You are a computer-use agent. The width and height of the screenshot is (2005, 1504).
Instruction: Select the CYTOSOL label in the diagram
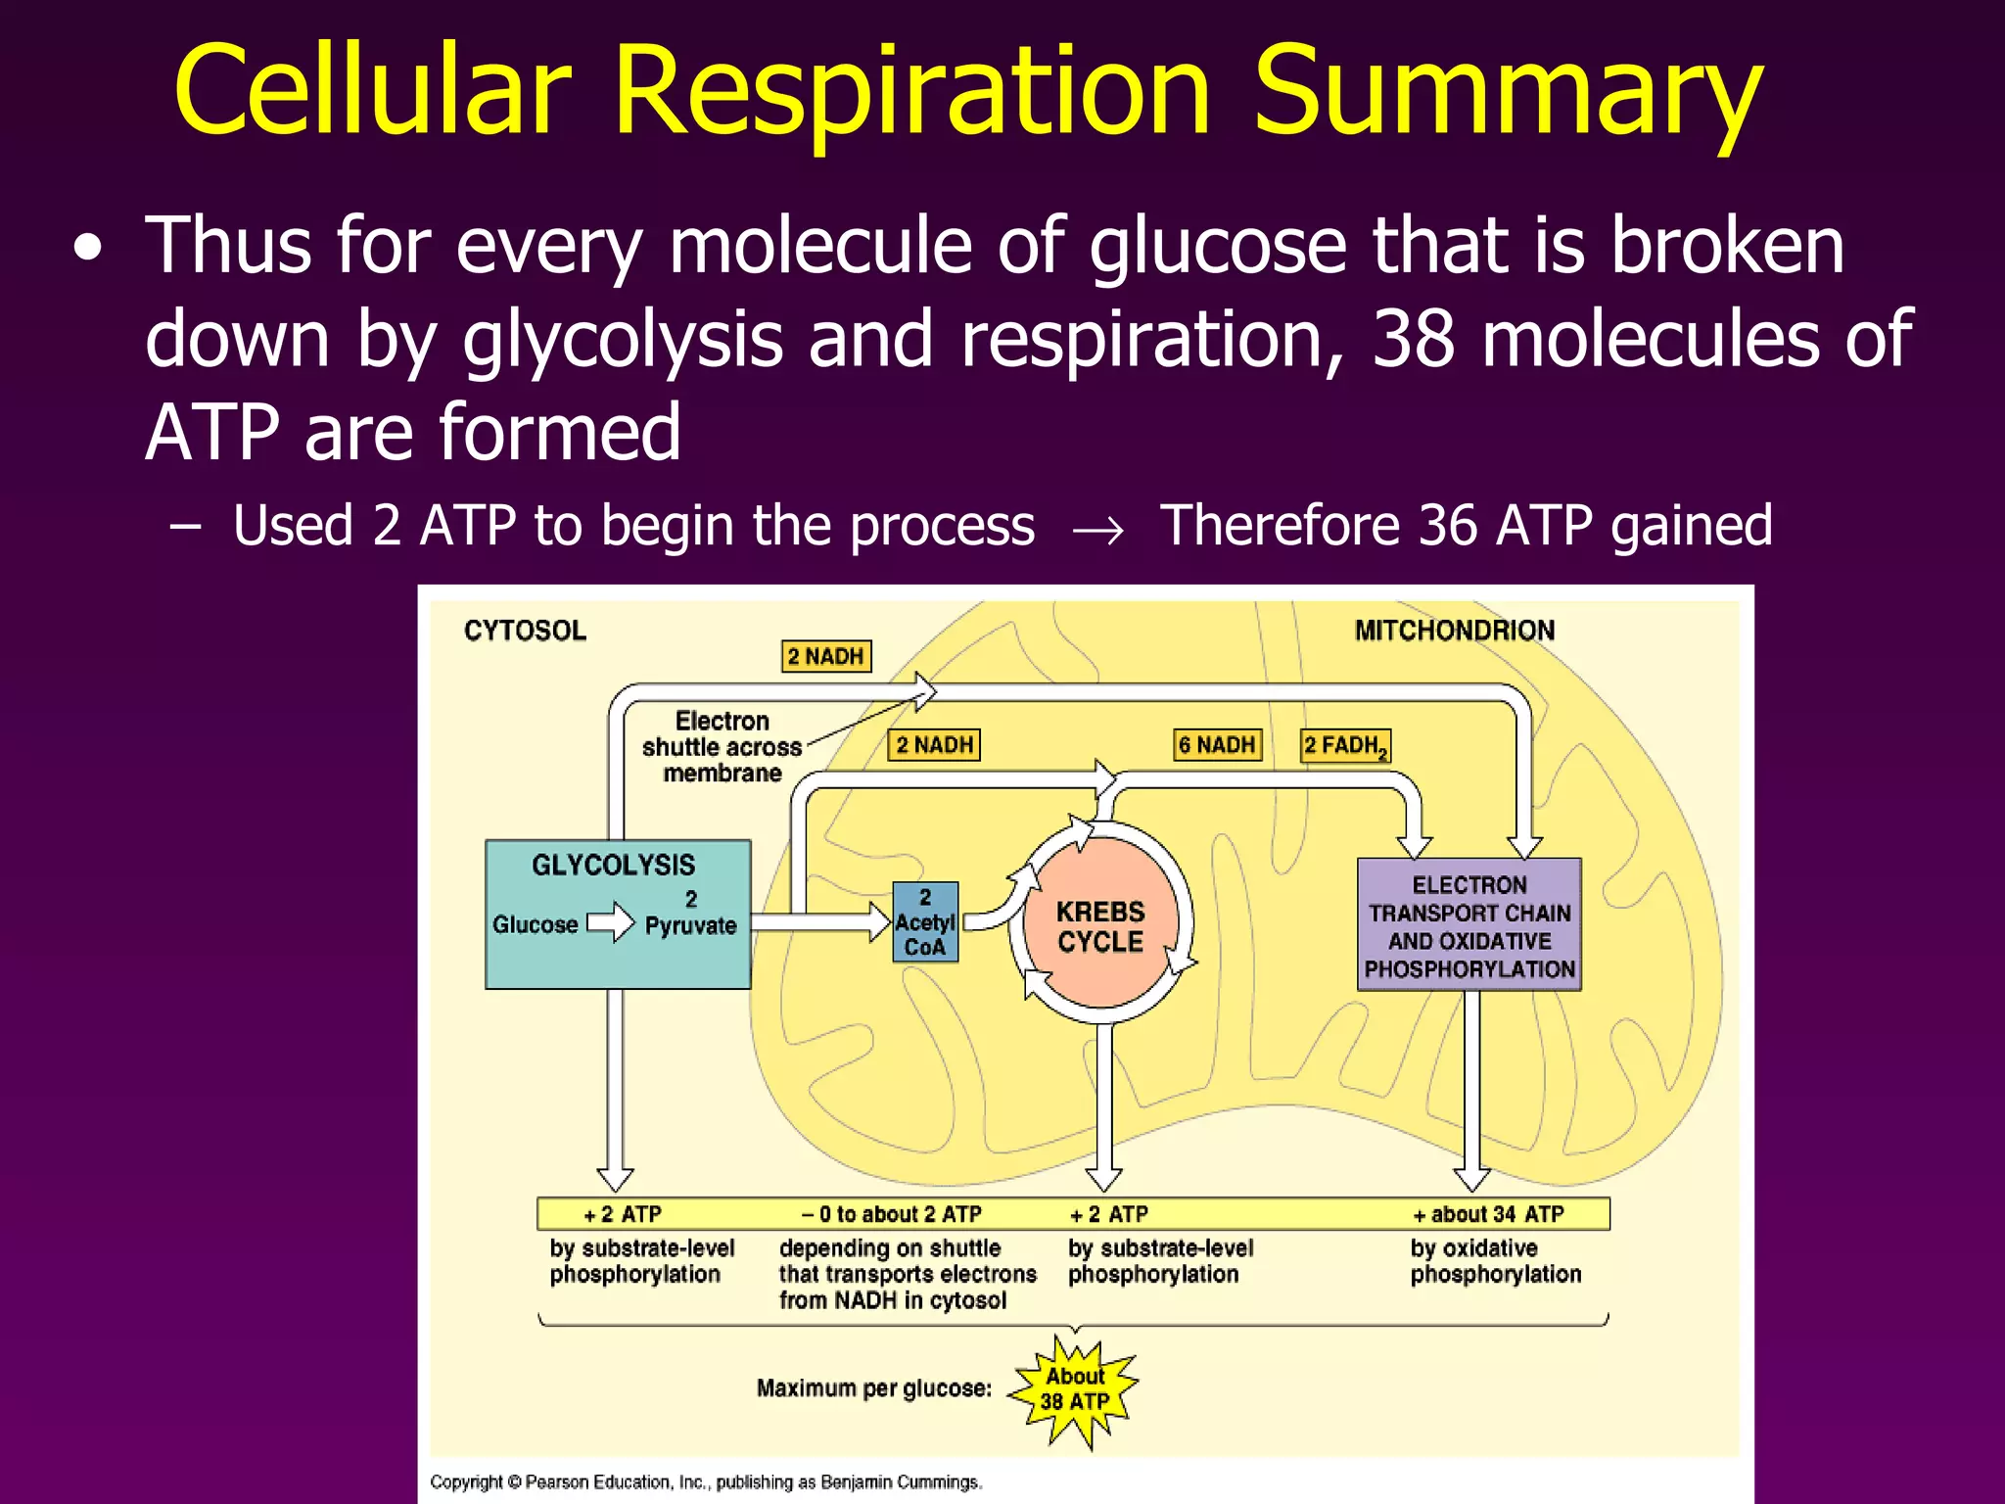click(525, 631)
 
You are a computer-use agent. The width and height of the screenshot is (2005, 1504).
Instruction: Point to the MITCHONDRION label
click(1454, 631)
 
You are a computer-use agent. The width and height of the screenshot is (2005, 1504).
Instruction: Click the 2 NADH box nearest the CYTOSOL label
click(826, 656)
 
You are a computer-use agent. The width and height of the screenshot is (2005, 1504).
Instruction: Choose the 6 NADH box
click(1217, 745)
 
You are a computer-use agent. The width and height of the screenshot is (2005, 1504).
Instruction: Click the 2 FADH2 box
click(1345, 746)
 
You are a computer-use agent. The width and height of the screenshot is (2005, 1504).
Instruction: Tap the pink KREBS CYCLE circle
click(1100, 925)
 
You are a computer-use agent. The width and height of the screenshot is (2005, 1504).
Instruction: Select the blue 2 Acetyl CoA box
click(925, 922)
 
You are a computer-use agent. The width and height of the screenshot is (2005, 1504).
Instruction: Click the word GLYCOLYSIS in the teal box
click(614, 865)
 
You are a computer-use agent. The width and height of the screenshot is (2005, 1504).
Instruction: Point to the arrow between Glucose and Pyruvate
click(611, 922)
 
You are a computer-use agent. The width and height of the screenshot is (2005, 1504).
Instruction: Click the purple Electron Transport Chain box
click(1469, 925)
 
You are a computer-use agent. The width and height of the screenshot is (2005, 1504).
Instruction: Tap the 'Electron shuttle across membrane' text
click(722, 746)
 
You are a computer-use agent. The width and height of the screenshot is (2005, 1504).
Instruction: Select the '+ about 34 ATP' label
click(1488, 1214)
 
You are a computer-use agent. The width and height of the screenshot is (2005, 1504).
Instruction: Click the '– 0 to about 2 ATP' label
click(891, 1214)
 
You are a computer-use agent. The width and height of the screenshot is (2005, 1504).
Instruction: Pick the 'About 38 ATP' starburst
click(1075, 1389)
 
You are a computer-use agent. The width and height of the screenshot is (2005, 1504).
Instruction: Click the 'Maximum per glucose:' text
click(873, 1388)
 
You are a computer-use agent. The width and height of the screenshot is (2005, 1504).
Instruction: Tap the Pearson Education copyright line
click(705, 1481)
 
